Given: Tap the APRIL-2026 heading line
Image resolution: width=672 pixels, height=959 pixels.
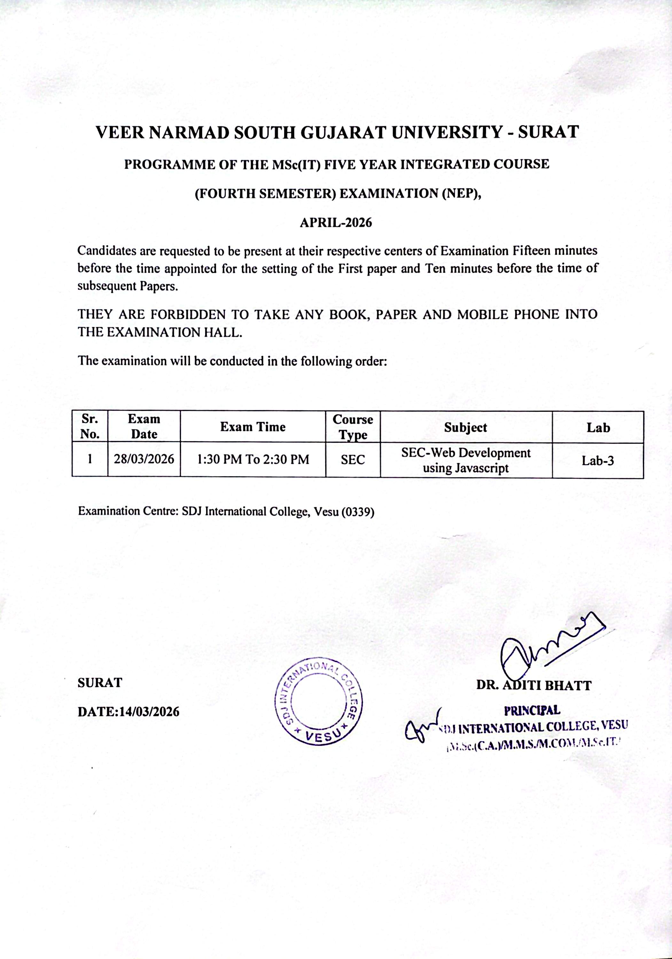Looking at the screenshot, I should coord(336,222).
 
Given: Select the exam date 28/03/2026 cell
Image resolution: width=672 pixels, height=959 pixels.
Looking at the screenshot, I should coord(144,459).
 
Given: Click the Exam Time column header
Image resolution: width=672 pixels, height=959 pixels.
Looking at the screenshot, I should coord(253,427).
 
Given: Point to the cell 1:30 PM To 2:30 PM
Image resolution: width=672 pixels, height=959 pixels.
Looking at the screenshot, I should coord(253,459).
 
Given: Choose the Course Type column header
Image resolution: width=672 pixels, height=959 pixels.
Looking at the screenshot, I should coord(353,427).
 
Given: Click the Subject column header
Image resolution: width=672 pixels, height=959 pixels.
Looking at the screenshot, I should coord(466,427).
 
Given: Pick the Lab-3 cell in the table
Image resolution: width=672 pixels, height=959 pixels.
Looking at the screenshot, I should coord(598,461).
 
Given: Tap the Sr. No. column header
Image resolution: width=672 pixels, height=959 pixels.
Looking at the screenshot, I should coord(90,426).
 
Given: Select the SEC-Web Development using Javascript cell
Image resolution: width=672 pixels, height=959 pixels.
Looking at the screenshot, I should coord(466,460).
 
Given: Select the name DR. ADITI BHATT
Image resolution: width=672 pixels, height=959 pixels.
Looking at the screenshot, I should coord(534,685).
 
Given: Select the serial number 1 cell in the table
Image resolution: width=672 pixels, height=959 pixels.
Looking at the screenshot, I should coord(90,459).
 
